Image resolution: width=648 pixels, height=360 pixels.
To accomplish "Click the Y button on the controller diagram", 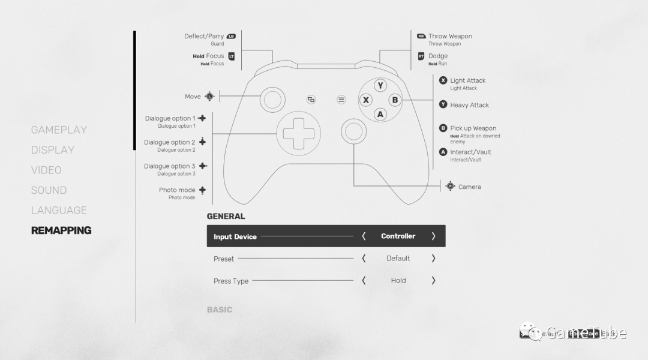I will (380, 86).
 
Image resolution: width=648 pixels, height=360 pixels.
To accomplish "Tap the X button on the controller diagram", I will (366, 100).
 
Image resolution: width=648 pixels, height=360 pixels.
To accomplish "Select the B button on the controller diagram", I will (395, 100).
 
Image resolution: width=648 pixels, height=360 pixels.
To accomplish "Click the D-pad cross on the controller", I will (298, 133).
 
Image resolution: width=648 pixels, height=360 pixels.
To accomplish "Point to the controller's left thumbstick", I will (272, 100).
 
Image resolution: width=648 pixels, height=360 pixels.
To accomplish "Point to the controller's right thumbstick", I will (353, 131).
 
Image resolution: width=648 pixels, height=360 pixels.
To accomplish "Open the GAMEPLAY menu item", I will (59, 130).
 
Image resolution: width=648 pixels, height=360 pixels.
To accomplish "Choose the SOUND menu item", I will (49, 190).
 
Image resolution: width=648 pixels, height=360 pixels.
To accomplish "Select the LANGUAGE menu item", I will (59, 210).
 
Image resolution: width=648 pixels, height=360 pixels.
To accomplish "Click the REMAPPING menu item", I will (61, 230).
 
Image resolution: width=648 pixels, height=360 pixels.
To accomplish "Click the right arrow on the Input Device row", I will (433, 236).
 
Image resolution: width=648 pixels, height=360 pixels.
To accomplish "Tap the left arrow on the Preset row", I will (364, 259).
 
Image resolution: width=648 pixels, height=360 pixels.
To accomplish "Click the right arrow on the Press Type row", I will (433, 281).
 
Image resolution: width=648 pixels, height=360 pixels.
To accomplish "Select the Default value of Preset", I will (398, 259).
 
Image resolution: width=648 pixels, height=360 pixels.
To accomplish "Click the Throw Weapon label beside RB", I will (450, 36).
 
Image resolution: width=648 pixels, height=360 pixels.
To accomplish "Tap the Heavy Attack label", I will (469, 105).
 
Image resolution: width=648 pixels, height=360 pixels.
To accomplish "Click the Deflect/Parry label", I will (204, 36).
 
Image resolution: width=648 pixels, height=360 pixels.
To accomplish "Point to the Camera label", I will (469, 187).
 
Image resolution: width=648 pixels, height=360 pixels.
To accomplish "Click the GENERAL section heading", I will (226, 216).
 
